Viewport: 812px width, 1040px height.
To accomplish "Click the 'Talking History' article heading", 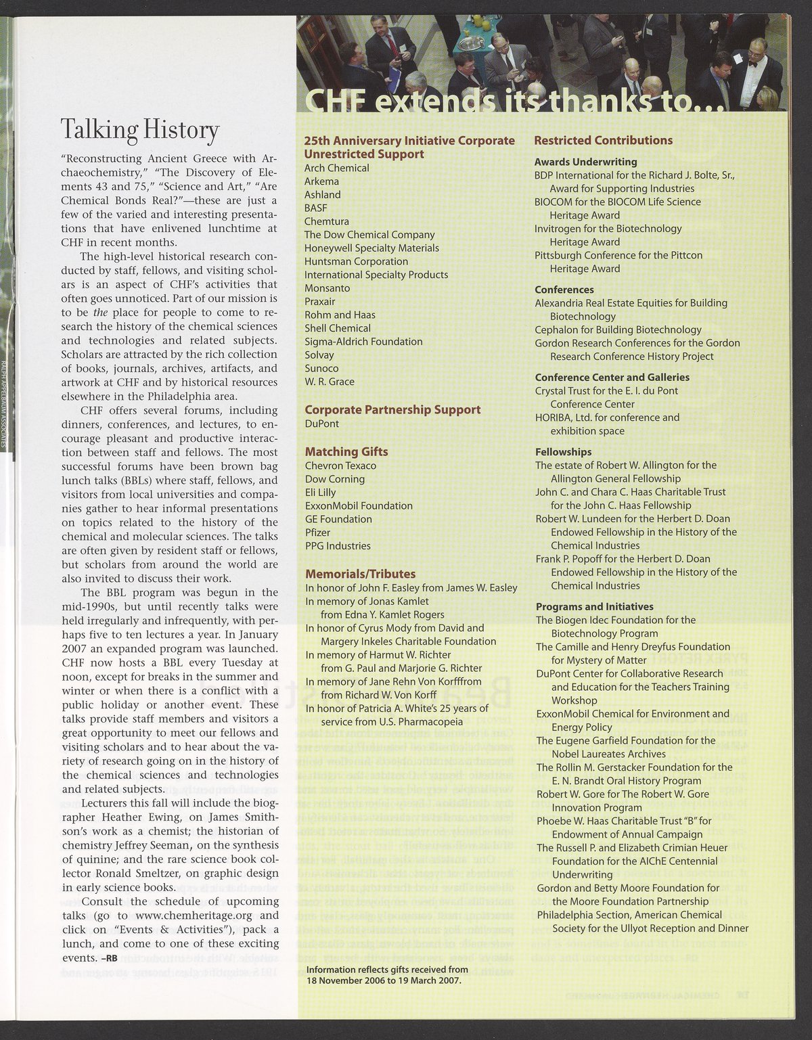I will click(x=140, y=129).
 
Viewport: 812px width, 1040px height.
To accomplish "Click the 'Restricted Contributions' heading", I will click(x=603, y=141).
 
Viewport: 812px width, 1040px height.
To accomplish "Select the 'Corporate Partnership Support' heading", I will click(x=392, y=409).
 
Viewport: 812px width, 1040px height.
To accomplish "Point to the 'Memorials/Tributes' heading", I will click(x=360, y=574).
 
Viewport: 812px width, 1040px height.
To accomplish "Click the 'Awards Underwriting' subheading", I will click(x=585, y=162).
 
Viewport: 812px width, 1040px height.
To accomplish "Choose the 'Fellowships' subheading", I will click(x=563, y=451).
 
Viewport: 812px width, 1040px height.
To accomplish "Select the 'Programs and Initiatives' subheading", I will click(x=594, y=606).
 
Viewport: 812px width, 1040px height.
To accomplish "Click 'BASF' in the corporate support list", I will click(x=317, y=208).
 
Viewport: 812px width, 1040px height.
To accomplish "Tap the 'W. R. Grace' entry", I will click(x=330, y=382).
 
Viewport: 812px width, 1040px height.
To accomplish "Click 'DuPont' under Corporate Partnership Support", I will click(x=321, y=424).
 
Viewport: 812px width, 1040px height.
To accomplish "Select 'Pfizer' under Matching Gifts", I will click(x=318, y=533).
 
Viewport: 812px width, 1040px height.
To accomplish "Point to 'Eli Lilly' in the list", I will click(x=320, y=493).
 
